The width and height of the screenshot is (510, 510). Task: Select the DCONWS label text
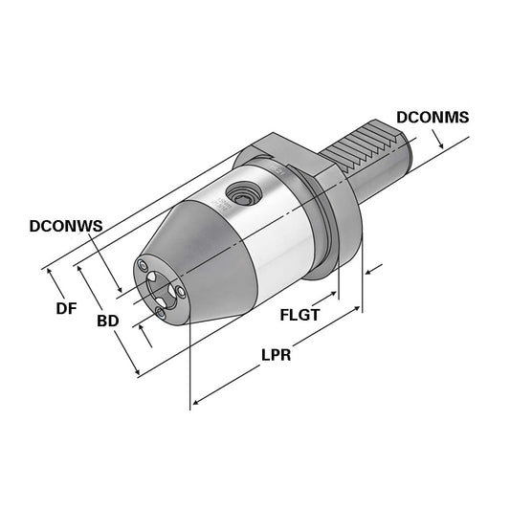click(x=65, y=227)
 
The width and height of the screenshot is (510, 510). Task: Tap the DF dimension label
click(x=65, y=308)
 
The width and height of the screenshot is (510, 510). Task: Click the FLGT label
click(x=299, y=315)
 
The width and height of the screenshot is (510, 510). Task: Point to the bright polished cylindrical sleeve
click(x=277, y=234)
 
